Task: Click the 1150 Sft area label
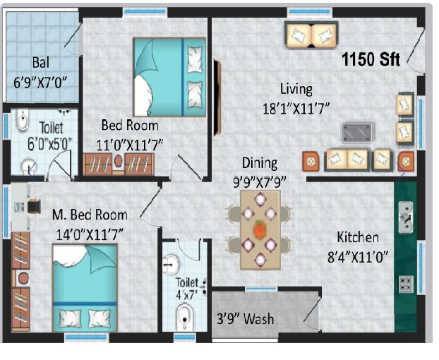[x=371, y=59]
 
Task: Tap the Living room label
[x=296, y=90]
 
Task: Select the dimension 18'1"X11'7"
[x=296, y=108]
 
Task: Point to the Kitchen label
[x=358, y=237]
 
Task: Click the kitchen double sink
[x=405, y=217]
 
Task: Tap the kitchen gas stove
[x=406, y=284]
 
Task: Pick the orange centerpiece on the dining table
[x=260, y=229]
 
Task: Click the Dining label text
[x=260, y=163]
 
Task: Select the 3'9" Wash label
[x=245, y=318]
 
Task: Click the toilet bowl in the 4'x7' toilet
[x=184, y=317]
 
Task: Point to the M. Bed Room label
[x=90, y=215]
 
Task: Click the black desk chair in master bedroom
[x=34, y=206]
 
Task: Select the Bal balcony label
[x=41, y=62]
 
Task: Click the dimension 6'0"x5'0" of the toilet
[x=49, y=145]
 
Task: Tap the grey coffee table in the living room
[x=356, y=133]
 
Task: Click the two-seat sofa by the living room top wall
[x=311, y=35]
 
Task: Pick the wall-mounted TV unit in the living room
[x=217, y=97]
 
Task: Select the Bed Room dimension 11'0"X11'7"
[x=130, y=145]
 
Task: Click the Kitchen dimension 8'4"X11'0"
[x=358, y=256]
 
